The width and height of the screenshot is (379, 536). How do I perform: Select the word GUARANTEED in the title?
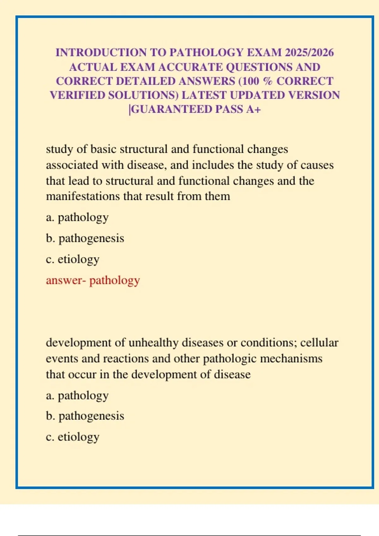point(172,109)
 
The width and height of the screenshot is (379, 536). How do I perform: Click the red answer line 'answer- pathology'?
point(93,280)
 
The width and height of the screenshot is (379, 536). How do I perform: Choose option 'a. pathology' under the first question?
point(77,217)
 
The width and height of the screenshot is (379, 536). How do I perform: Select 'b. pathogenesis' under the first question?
point(85,238)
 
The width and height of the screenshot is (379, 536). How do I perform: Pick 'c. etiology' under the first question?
point(73,259)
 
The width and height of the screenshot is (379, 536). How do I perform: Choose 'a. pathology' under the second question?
point(77,395)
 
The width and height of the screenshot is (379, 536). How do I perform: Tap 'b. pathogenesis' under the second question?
point(85,416)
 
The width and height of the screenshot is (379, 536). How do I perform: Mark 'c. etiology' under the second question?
point(73,437)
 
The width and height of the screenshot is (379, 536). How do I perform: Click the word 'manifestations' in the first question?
point(83,196)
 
